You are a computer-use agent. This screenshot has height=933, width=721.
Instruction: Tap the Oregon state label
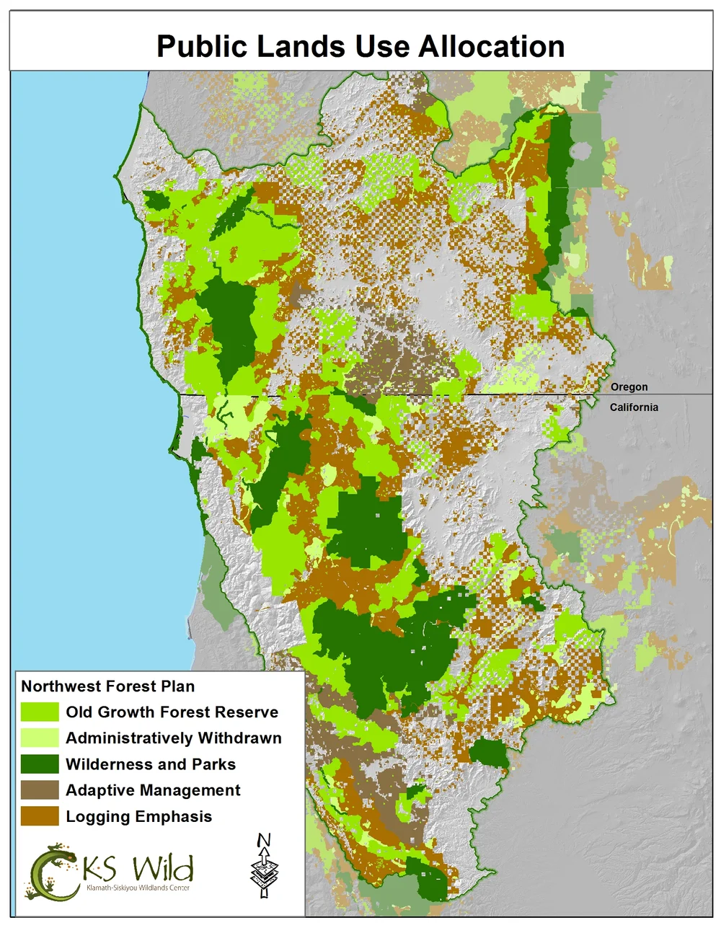coord(629,387)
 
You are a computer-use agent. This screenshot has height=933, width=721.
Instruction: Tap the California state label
coord(634,407)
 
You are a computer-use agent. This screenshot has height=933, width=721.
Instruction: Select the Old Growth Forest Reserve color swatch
coord(40,712)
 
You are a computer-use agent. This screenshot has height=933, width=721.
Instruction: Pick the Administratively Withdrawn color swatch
coord(40,738)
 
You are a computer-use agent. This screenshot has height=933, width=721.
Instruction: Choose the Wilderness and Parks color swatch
coord(40,764)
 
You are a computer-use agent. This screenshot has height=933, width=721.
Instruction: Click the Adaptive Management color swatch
coord(40,790)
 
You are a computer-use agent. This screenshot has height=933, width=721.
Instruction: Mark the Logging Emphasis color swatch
coord(40,816)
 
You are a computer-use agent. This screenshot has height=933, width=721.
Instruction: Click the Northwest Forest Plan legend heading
coord(107,686)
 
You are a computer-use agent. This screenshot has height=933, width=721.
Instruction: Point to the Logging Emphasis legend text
coord(138,817)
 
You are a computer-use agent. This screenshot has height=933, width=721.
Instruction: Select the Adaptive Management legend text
coord(153,791)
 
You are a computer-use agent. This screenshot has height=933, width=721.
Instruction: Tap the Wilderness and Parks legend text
coord(150,764)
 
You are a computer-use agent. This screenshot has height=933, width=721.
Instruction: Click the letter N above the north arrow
coord(264,841)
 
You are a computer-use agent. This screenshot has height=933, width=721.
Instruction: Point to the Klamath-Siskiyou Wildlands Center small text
coord(138,888)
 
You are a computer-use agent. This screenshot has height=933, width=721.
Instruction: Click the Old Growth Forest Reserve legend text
coord(172,712)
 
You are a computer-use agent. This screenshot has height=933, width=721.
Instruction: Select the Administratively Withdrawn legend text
coord(173,738)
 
